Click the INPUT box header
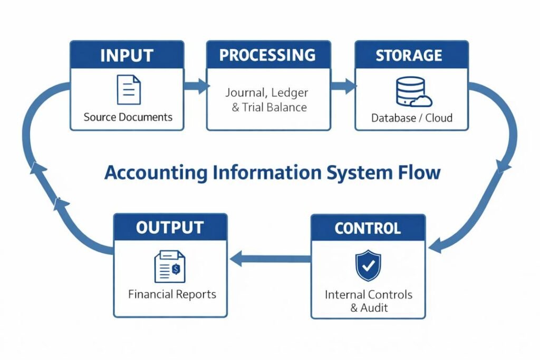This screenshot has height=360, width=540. pyautogui.click(x=127, y=55)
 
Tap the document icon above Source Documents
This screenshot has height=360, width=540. pyautogui.click(x=129, y=90)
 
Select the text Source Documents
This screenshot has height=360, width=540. pyautogui.click(x=128, y=117)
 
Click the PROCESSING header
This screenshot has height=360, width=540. pyautogui.click(x=267, y=55)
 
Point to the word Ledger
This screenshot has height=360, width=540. pyautogui.click(x=291, y=93)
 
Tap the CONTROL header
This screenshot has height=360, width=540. pyautogui.click(x=368, y=228)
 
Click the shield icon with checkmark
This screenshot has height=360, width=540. pyautogui.click(x=368, y=266)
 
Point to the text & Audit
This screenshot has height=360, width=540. pyautogui.click(x=369, y=308)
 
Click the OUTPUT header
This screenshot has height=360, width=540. pyautogui.click(x=170, y=228)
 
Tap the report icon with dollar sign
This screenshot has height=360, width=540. pyautogui.click(x=170, y=266)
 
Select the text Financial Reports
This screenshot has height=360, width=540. pyautogui.click(x=172, y=294)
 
